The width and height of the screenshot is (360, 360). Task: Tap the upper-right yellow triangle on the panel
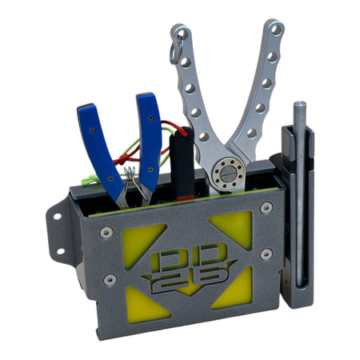click(x=234, y=229)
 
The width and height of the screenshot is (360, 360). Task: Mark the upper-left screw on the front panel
click(x=106, y=233)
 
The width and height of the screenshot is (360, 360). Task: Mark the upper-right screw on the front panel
click(x=266, y=208)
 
